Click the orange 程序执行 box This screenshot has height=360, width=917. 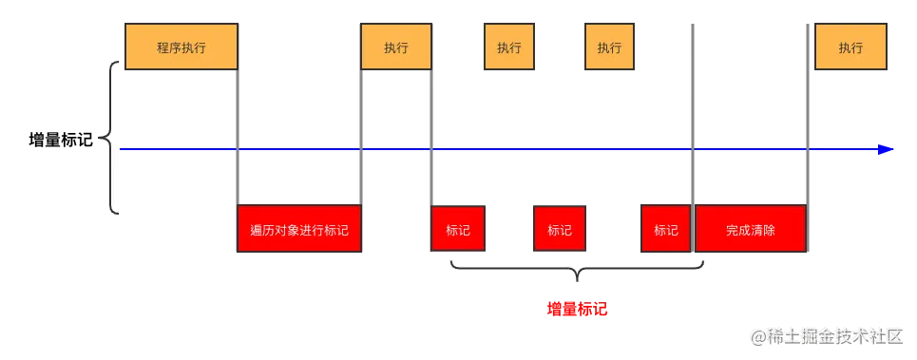point(181,47)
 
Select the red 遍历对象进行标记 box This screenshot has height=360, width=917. point(299,229)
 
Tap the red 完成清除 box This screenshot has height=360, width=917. point(751,229)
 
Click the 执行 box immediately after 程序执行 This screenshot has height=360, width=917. point(396,47)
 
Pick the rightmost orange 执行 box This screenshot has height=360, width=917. point(850,47)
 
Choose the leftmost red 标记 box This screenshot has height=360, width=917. point(457,229)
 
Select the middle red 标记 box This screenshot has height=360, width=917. point(559,229)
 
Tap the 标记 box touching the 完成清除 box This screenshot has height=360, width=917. point(665,229)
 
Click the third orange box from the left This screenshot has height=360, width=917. point(509,47)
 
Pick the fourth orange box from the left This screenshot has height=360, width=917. point(609,47)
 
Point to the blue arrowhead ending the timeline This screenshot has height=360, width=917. point(886,149)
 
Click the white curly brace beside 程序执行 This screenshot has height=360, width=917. point(113,138)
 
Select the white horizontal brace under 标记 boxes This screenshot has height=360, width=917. point(577,270)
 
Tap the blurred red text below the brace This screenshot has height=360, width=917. point(577,310)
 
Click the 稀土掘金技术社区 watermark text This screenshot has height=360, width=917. point(835,335)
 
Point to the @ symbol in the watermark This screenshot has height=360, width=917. point(757,335)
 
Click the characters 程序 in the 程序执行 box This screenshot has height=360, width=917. point(168,47)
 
